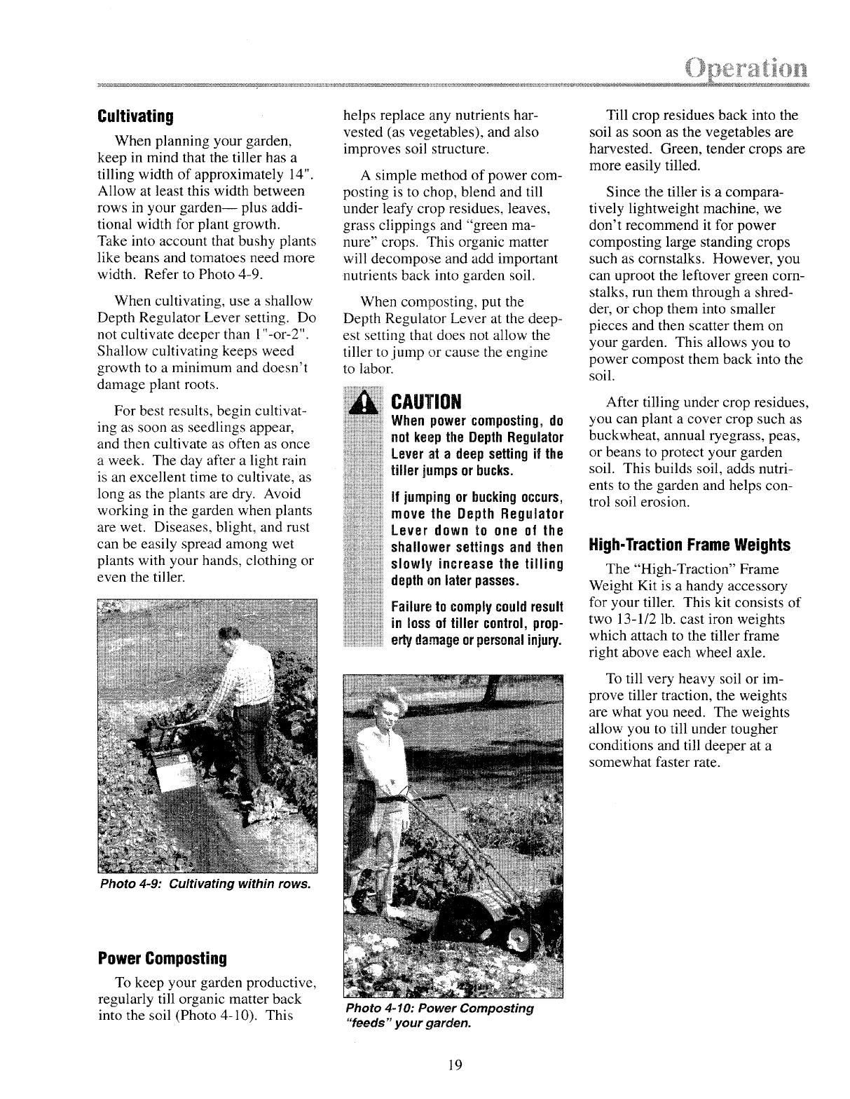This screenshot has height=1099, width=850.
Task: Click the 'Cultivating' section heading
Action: (x=135, y=115)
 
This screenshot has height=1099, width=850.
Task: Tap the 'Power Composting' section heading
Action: (x=163, y=957)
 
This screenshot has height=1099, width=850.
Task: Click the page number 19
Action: (x=454, y=1065)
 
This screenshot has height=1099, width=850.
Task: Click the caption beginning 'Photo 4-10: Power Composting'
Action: (x=439, y=1009)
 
